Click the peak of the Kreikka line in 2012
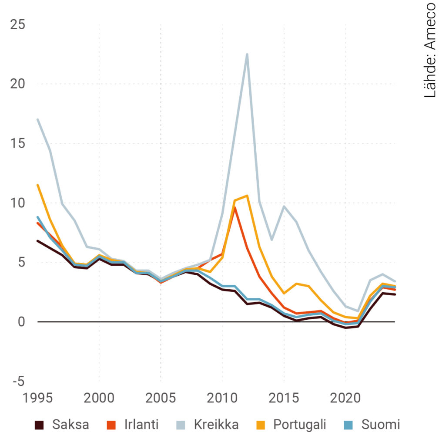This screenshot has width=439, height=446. coord(247,54)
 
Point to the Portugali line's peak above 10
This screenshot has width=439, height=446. coord(247,196)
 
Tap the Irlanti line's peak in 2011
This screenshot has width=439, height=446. coord(235,208)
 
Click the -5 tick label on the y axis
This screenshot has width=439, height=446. coord(18,382)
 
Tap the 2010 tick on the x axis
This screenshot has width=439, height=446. coord(222,398)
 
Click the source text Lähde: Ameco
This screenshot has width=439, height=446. coord(429,50)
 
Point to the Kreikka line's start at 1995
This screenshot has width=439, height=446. coord(37,119)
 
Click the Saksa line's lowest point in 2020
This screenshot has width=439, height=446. coord(346,328)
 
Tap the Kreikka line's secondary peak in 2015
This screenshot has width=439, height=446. coord(284,206)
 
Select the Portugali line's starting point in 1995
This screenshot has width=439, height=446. coord(37,185)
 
